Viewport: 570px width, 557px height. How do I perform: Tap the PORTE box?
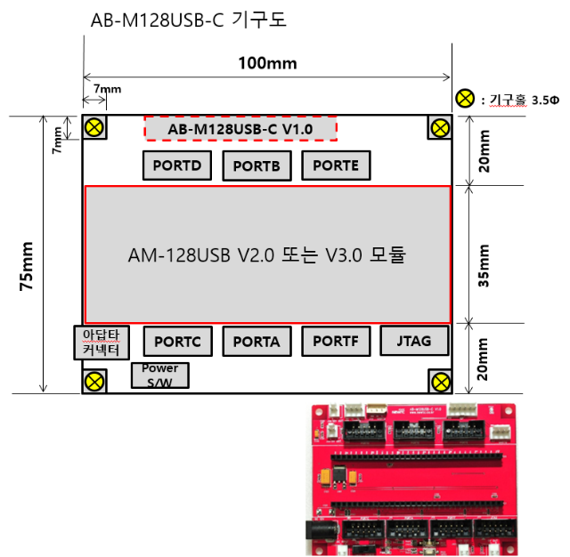pos(336,165)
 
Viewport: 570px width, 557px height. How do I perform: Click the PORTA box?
pos(256,341)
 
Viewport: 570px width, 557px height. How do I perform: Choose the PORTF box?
pos(336,341)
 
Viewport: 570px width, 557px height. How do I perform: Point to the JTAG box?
pos(413,339)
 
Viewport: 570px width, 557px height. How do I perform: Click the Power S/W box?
pos(159,375)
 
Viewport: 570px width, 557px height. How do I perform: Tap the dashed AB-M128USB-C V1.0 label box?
pos(240,129)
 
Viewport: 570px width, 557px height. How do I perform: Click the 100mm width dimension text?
pos(267,62)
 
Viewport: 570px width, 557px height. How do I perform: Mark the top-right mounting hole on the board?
pos(440,127)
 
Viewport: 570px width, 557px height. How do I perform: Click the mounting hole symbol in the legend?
pos(465,99)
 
